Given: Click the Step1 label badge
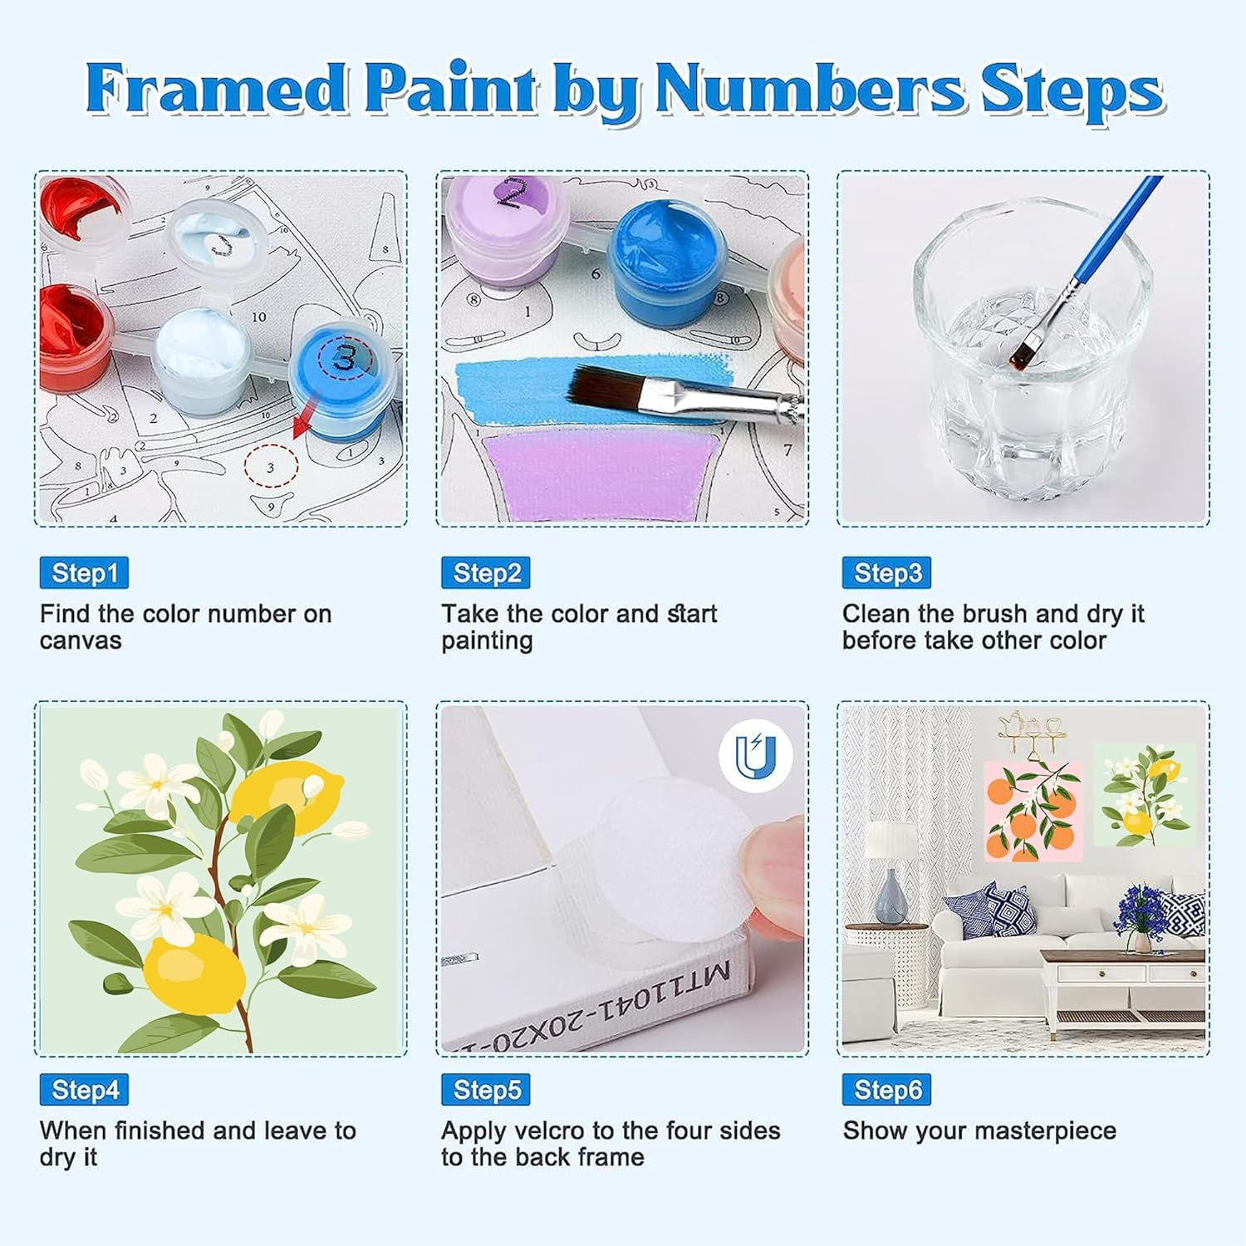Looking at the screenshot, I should (x=84, y=573).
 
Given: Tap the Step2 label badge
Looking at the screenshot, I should (x=486, y=573).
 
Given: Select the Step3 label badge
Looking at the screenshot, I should (x=886, y=573).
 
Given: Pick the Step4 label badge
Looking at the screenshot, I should (x=84, y=1090).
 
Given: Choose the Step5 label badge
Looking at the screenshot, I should (x=486, y=1090).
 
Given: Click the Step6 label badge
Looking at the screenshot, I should (x=886, y=1090).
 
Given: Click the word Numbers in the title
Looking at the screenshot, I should (x=811, y=89).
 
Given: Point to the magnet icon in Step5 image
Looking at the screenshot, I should (x=755, y=755).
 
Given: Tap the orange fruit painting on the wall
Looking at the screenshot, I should (x=1033, y=811).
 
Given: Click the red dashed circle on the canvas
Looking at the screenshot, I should (x=271, y=468).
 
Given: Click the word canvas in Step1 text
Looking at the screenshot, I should (x=81, y=640).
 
